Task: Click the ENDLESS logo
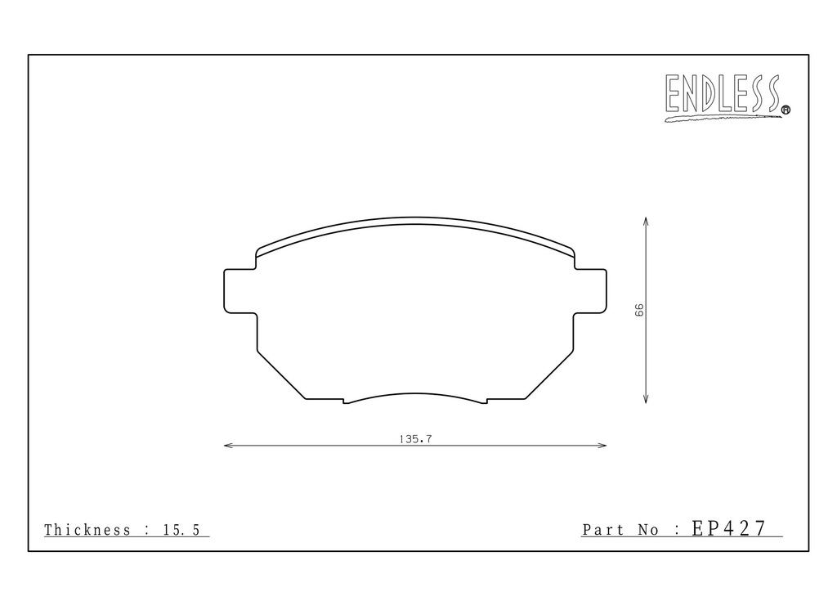(x=727, y=97)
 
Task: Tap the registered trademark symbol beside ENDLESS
(x=786, y=110)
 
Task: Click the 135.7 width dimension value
(x=415, y=439)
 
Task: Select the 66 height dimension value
(x=639, y=310)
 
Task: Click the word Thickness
(x=87, y=530)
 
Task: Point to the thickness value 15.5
(x=181, y=530)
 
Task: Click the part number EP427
(x=728, y=528)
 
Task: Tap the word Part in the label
(x=603, y=530)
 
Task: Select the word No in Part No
(x=648, y=530)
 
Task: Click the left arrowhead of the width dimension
(x=228, y=445)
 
